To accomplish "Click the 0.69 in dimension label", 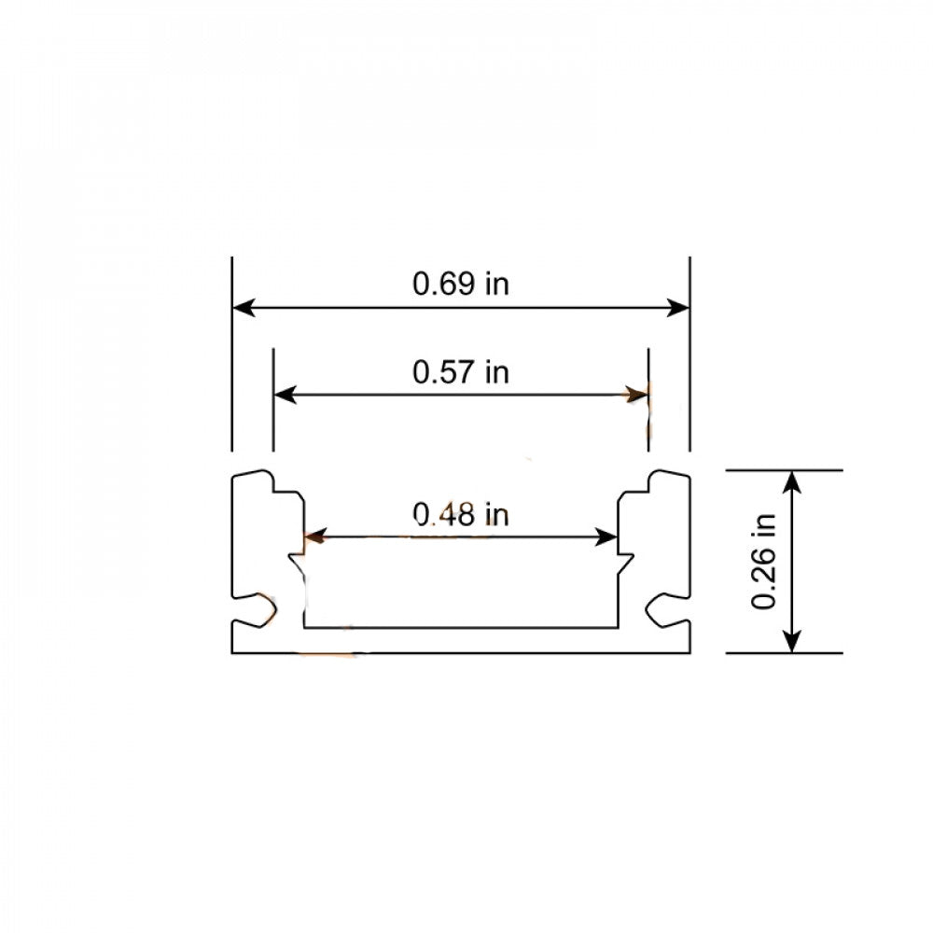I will (461, 284).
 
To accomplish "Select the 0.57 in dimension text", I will (461, 372).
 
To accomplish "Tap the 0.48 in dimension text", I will (461, 513).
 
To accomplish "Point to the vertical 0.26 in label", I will (765, 562).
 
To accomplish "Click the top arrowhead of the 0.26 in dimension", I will (792, 481).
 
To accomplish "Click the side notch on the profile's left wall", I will (257, 610).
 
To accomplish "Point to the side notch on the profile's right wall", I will (664, 610).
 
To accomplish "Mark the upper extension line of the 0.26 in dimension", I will (785, 470).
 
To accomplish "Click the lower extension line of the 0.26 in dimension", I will (785, 653).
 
